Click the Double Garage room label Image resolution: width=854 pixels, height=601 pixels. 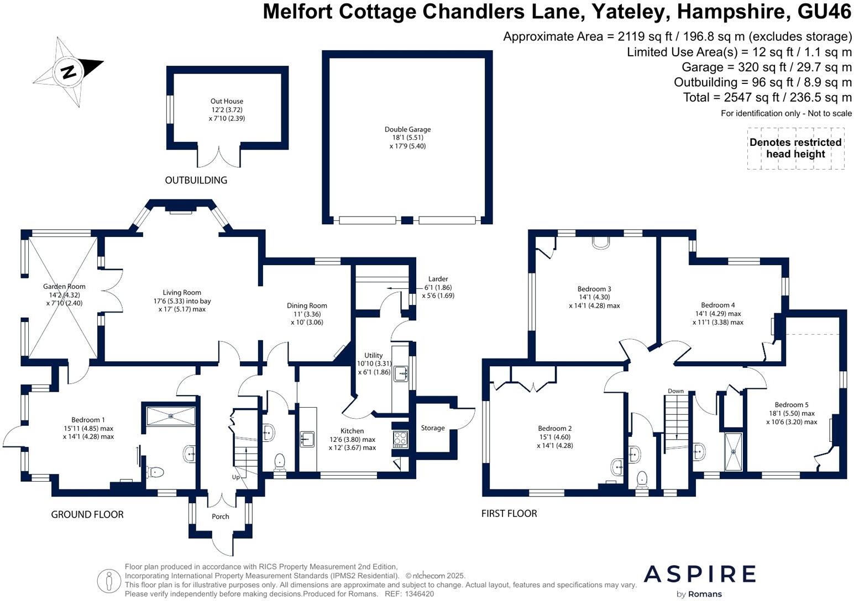click(407, 130)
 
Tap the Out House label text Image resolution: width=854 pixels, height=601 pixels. click(227, 102)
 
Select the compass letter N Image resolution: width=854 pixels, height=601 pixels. click(69, 72)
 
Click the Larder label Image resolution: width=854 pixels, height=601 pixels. click(438, 279)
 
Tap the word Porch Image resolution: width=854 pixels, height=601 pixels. click(221, 516)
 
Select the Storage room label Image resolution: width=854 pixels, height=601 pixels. click(433, 428)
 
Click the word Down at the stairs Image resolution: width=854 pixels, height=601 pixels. click(675, 391)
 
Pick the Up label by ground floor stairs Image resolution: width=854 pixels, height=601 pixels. click(236, 477)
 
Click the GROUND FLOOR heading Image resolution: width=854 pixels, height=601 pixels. click(87, 514)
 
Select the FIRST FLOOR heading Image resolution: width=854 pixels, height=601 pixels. click(509, 514)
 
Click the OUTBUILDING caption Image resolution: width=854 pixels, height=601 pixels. click(196, 180)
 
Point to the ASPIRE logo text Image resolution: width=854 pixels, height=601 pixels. click(699, 574)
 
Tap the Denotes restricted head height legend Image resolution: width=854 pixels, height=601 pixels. click(795, 148)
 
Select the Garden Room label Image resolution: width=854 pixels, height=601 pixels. click(64, 287)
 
